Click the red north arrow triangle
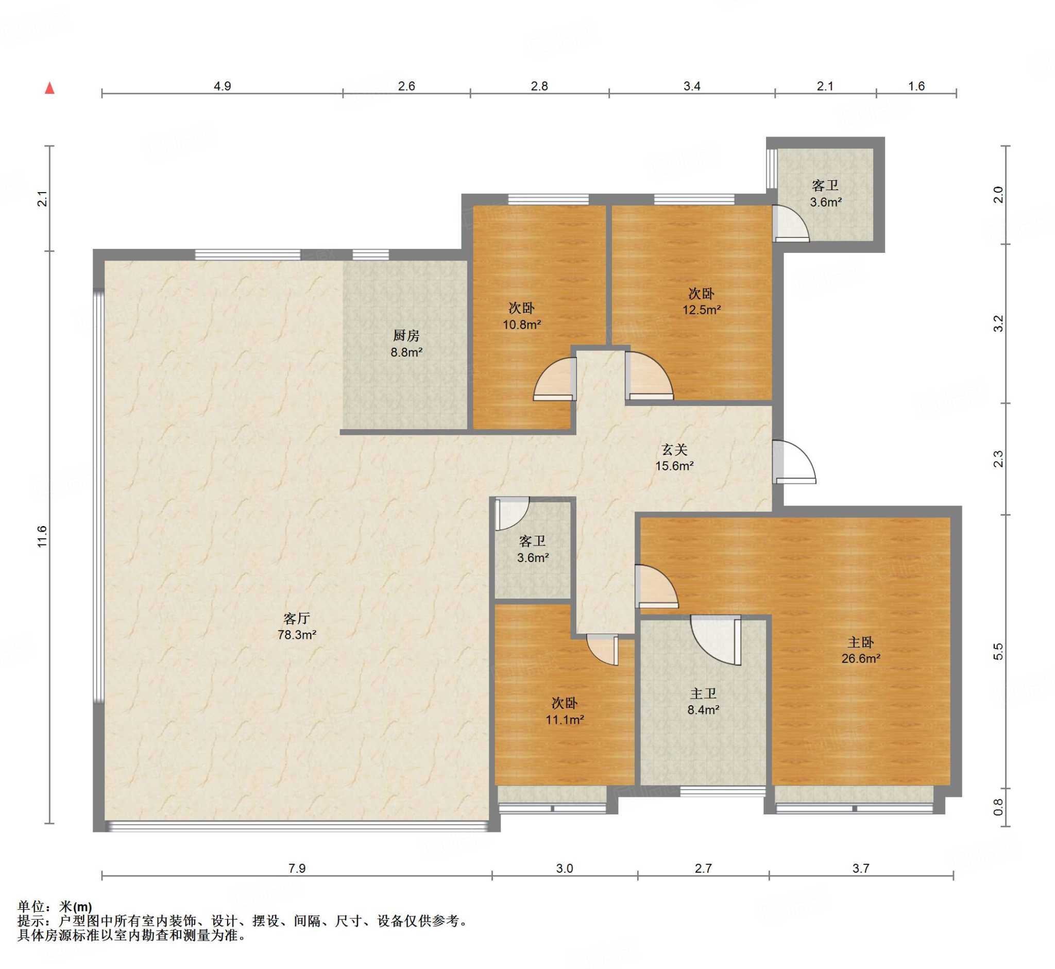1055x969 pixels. point(50,88)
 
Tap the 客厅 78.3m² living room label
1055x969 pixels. point(297,626)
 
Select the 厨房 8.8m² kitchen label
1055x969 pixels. point(406,344)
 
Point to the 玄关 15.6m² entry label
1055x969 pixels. point(674,457)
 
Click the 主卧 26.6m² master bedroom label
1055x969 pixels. point(860,650)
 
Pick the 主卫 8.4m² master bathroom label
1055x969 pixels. point(703,702)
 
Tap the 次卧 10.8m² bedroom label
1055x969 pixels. point(522,316)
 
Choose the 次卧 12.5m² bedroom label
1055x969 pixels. point(701,301)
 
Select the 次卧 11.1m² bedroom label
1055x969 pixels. point(565,711)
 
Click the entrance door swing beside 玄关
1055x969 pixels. point(794,462)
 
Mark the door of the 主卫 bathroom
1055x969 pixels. point(716,640)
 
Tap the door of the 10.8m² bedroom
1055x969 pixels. point(555,379)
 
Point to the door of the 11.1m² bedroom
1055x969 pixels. point(603,650)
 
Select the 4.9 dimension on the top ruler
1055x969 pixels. point(223,86)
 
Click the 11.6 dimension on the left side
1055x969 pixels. point(42,536)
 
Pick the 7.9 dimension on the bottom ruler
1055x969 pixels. point(297,869)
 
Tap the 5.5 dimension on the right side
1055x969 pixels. point(998,651)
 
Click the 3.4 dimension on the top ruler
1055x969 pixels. point(692,86)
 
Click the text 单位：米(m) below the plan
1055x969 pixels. point(55,907)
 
